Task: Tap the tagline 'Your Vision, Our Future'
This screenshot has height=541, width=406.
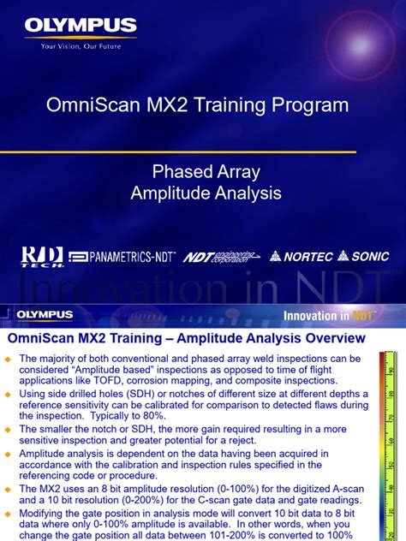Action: (81, 46)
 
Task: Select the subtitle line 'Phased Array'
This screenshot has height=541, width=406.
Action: (206, 172)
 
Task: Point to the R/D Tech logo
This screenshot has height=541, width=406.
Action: (43, 256)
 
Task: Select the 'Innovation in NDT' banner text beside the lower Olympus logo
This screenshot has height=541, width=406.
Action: (328, 316)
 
